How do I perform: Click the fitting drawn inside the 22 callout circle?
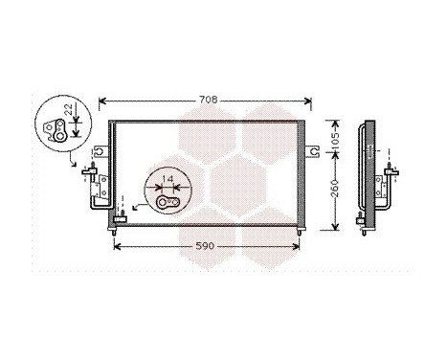click(x=59, y=130)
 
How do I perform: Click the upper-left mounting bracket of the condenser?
click(x=101, y=150)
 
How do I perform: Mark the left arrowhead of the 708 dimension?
click(x=103, y=101)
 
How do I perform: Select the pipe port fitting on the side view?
click(x=391, y=175)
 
